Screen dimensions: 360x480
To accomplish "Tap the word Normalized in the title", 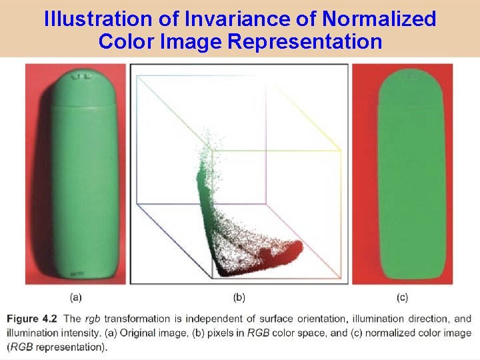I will [x=379, y=19].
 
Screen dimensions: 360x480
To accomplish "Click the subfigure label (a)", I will [x=75, y=297].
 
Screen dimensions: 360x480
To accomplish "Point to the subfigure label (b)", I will [x=239, y=297].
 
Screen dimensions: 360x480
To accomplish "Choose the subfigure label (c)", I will [x=402, y=297].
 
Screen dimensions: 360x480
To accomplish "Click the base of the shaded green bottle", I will [x=75, y=270].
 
